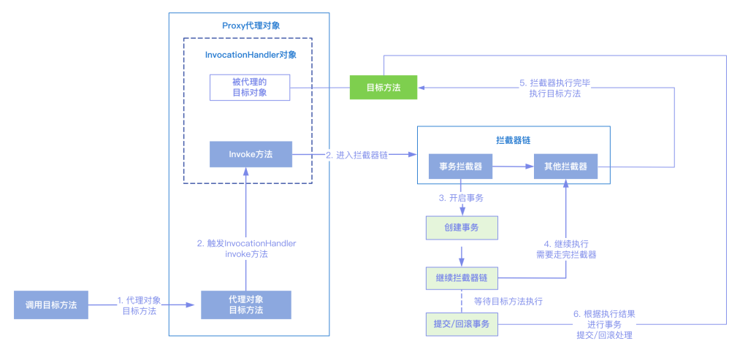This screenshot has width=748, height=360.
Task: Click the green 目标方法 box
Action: tap(383, 87)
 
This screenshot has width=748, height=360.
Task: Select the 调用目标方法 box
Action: tap(51, 305)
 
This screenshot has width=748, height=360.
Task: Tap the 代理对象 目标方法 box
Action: tap(246, 305)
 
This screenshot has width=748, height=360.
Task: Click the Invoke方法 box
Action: tap(251, 154)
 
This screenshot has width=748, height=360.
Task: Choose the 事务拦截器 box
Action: tap(460, 166)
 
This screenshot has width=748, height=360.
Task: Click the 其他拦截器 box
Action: tap(565, 166)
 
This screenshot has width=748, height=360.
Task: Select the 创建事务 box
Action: tap(461, 228)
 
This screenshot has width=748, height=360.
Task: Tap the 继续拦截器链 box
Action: tap(461, 277)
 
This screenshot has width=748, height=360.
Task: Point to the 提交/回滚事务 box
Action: tap(461, 324)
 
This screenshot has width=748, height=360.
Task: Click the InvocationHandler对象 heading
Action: tap(250, 54)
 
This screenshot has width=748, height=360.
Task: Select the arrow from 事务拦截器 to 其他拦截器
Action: tap(513, 166)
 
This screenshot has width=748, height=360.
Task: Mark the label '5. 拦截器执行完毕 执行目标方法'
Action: tap(555, 88)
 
